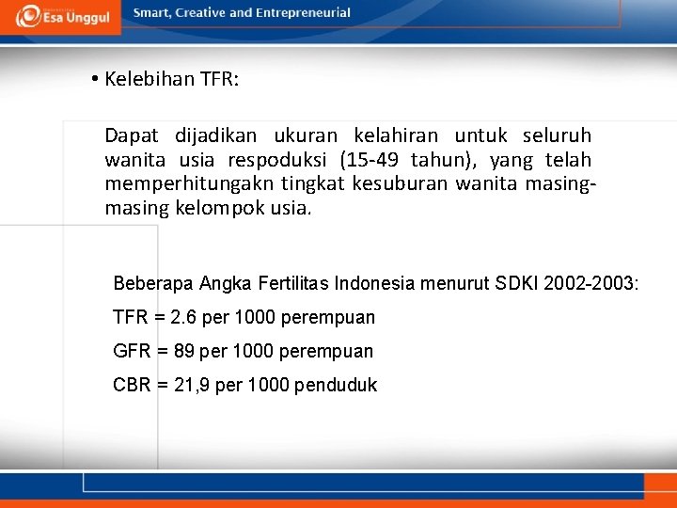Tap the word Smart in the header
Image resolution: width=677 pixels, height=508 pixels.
pyautogui.click(x=154, y=13)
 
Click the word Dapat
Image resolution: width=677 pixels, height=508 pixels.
pyautogui.click(x=131, y=136)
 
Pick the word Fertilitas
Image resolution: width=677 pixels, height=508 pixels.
pyautogui.click(x=294, y=282)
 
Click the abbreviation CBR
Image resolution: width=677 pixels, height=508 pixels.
pyautogui.click(x=132, y=385)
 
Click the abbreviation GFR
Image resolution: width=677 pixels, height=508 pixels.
pyautogui.click(x=132, y=351)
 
